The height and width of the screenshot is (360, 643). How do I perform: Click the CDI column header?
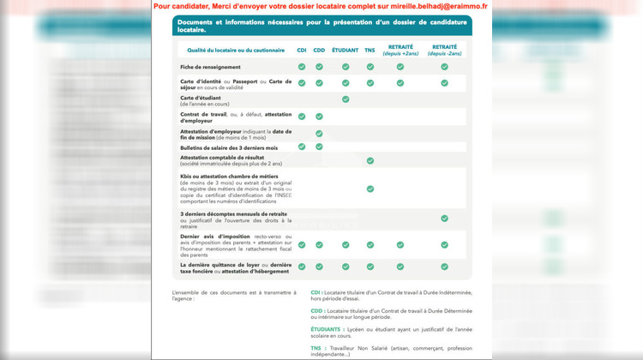pyautogui.click(x=302, y=50)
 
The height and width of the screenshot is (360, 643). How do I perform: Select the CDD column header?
pyautogui.click(x=319, y=50)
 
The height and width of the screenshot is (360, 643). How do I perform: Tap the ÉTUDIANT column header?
pyautogui.click(x=346, y=50)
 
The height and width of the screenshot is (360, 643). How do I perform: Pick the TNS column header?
pyautogui.click(x=370, y=50)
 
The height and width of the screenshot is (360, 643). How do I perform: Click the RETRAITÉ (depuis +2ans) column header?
pyautogui.click(x=400, y=50)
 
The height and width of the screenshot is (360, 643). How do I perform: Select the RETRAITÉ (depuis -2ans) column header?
pyautogui.click(x=444, y=50)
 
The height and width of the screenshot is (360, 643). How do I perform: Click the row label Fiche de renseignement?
pyautogui.click(x=210, y=67)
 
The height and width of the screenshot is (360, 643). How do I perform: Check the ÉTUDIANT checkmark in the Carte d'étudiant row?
pyautogui.click(x=346, y=99)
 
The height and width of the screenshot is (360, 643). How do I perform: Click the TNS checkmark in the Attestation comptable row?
pyautogui.click(x=370, y=160)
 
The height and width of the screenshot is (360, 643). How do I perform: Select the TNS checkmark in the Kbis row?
pyautogui.click(x=370, y=189)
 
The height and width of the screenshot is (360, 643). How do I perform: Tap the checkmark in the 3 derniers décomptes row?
pyautogui.click(x=444, y=219)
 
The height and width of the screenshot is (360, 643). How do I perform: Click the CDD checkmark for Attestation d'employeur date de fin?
pyautogui.click(x=319, y=134)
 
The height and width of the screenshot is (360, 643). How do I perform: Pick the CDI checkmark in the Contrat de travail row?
pyautogui.click(x=302, y=116)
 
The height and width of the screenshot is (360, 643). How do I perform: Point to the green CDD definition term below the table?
pyautogui.click(x=316, y=310)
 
